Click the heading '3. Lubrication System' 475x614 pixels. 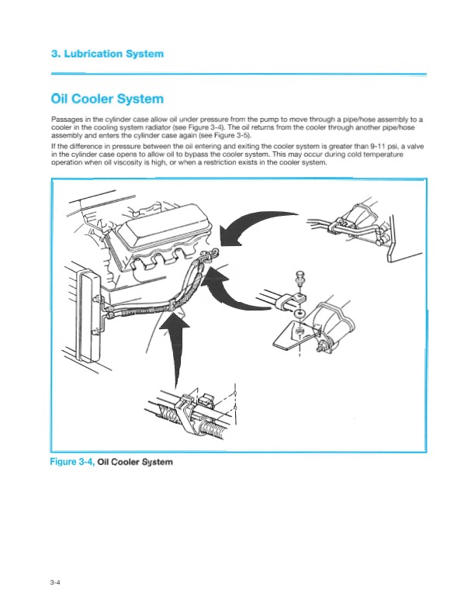pyautogui.click(x=107, y=54)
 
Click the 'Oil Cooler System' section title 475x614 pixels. pyautogui.click(x=107, y=99)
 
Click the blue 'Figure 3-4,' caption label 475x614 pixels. pyautogui.click(x=72, y=462)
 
